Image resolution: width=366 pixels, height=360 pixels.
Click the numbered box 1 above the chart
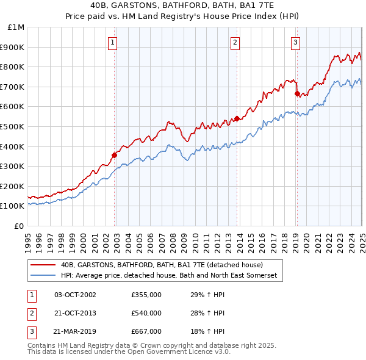[x=114, y=42]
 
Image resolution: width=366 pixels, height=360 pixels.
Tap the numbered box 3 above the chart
[x=295, y=42]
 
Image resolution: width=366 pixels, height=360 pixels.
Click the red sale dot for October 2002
[x=114, y=155]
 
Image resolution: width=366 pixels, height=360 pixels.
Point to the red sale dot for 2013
[x=237, y=118]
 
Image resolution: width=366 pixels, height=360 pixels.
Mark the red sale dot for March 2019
[x=297, y=93]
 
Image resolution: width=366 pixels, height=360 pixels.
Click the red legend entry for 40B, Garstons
[x=162, y=265]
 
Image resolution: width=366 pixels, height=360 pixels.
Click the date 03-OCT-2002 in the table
[x=75, y=295]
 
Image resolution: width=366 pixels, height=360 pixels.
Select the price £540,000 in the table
[x=146, y=313]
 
